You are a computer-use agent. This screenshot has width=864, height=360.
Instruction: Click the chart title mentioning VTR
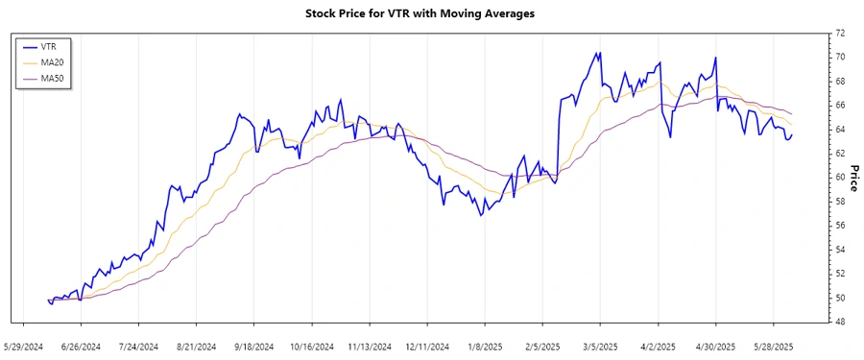[x=432, y=13]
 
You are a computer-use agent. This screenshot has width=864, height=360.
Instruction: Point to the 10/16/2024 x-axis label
[x=312, y=346]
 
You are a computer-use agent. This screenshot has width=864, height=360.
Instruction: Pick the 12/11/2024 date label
[x=427, y=346]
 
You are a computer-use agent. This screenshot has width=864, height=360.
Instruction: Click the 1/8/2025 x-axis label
[x=485, y=346]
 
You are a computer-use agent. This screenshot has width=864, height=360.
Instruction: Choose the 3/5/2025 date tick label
[x=600, y=346]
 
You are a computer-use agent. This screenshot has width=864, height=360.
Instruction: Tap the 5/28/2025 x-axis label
[x=773, y=346]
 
